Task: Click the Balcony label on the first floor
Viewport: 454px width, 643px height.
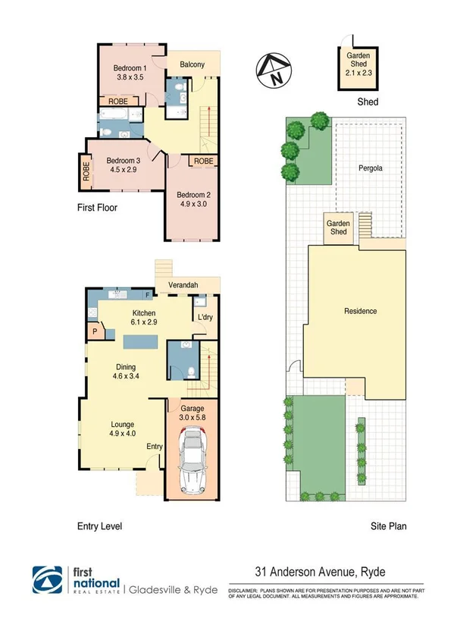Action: (x=192, y=65)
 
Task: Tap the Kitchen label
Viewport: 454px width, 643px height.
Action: (x=144, y=313)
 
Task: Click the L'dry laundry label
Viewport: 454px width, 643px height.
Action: (x=205, y=317)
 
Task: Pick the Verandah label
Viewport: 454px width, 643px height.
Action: (x=183, y=284)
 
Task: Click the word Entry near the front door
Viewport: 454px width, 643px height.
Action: (x=155, y=447)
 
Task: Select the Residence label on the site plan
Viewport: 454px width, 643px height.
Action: (x=360, y=311)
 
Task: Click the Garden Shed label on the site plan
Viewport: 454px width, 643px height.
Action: (x=337, y=227)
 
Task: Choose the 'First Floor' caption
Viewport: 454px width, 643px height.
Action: (x=98, y=207)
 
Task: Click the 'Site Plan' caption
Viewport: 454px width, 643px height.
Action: (x=387, y=525)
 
